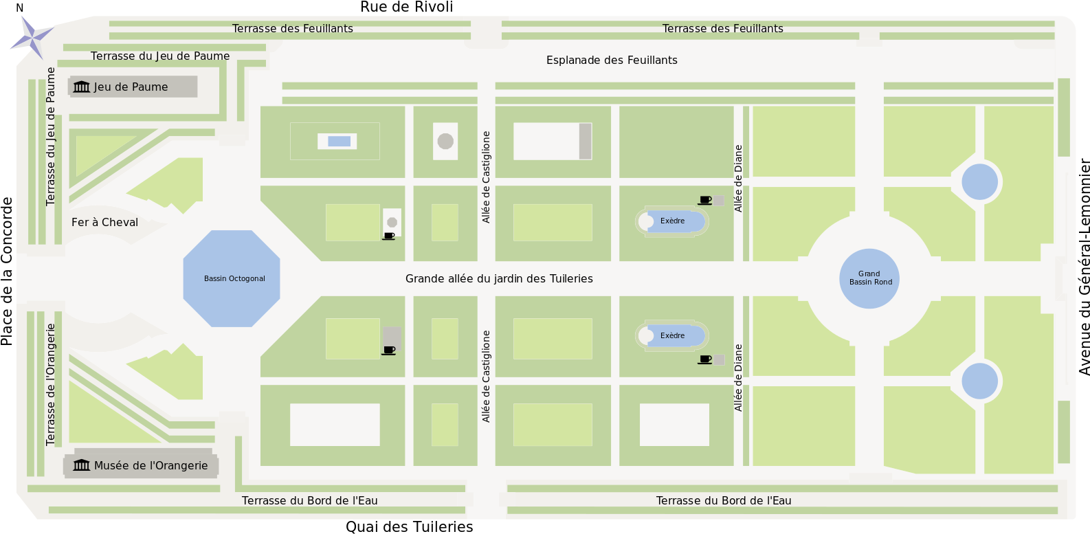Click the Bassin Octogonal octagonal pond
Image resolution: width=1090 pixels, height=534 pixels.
click(232, 278)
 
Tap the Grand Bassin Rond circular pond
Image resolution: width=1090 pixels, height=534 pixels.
click(869, 278)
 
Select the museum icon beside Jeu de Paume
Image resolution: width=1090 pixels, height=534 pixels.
click(82, 87)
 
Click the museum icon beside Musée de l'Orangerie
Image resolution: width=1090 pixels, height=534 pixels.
click(82, 465)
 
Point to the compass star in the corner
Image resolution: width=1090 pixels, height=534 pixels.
click(32, 36)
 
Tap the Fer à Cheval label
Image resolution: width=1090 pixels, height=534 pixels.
click(104, 223)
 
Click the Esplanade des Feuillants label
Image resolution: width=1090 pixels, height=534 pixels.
click(612, 60)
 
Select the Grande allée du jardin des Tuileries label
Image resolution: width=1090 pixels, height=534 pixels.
click(499, 278)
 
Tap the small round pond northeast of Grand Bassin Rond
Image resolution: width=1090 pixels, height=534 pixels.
click(979, 182)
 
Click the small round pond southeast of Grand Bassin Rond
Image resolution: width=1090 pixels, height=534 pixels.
click(979, 381)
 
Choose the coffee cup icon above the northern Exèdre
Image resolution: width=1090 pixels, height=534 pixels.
click(705, 201)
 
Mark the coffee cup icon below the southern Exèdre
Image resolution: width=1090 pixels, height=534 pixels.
click(705, 359)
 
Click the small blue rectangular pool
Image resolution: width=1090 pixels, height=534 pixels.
click(339, 142)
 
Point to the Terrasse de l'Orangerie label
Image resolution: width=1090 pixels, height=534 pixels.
click(51, 385)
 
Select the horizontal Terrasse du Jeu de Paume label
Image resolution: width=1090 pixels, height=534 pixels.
click(160, 56)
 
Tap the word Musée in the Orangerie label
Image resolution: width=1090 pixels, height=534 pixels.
click(110, 465)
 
